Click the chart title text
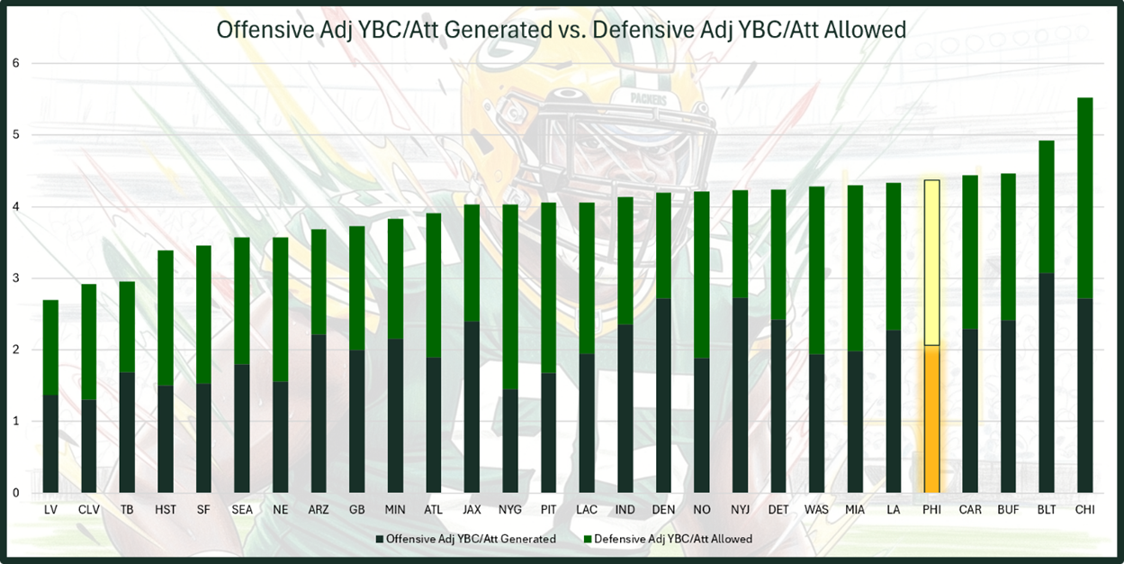tap(561, 30)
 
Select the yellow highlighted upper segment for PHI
tap(931, 262)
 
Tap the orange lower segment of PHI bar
tap(931, 419)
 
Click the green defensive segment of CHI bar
tap(1084, 198)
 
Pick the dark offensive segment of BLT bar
tap(1047, 383)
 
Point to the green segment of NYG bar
tap(510, 297)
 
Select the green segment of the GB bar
tap(357, 288)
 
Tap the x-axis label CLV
tap(89, 510)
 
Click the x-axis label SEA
tap(242, 510)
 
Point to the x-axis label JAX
tap(472, 510)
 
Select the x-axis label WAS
tap(816, 510)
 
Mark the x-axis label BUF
tap(1008, 510)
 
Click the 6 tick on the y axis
tap(15, 64)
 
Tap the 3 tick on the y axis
tap(15, 278)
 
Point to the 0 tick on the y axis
tap(15, 493)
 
